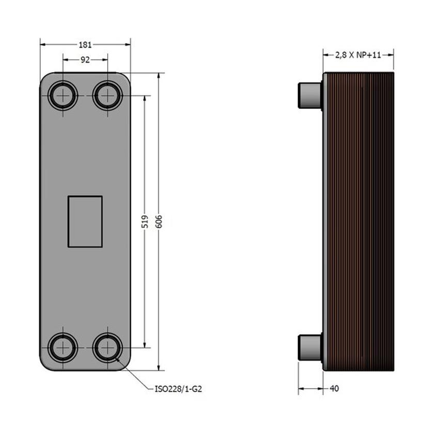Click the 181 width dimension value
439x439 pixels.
[x=85, y=45]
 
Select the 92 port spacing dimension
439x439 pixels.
[x=85, y=59]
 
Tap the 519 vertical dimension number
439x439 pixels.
[x=145, y=222]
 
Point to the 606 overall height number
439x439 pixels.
[x=159, y=222]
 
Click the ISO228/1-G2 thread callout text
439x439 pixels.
[x=178, y=389]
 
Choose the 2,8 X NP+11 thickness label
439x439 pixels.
[x=358, y=55]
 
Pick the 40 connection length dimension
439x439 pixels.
[x=334, y=388]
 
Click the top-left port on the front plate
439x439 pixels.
[x=62, y=96]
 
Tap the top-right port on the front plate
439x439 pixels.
[x=107, y=96]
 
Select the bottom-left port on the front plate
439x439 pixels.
[x=62, y=348]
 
